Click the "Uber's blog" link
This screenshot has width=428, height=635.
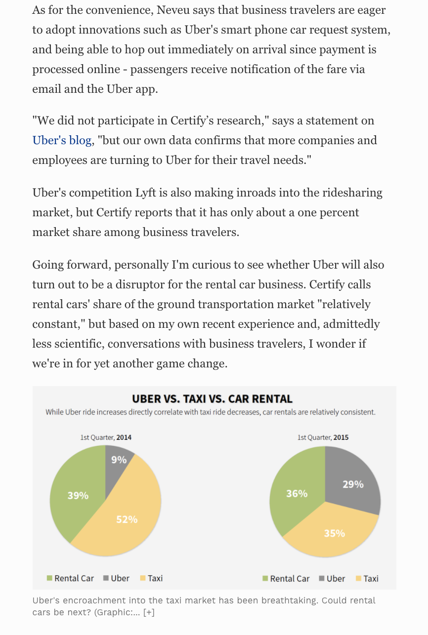pyautogui.click(x=62, y=141)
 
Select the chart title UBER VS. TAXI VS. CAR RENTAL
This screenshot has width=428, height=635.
pyautogui.click(x=212, y=399)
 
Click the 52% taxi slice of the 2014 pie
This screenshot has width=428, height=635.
pyautogui.click(x=127, y=518)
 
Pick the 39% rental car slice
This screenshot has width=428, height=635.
pyautogui.click(x=78, y=495)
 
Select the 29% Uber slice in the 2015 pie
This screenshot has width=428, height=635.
pyautogui.click(x=353, y=484)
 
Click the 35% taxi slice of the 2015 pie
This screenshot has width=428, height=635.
pyautogui.click(x=334, y=533)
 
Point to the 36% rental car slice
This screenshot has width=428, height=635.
pyautogui.click(x=297, y=493)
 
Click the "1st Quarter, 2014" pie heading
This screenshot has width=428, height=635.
pyautogui.click(x=106, y=437)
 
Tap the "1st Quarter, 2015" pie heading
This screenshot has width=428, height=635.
pyautogui.click(x=323, y=437)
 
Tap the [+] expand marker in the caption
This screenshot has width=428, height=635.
pyautogui.click(x=149, y=613)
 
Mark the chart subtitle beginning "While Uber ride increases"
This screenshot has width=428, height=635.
pyautogui.click(x=211, y=412)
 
